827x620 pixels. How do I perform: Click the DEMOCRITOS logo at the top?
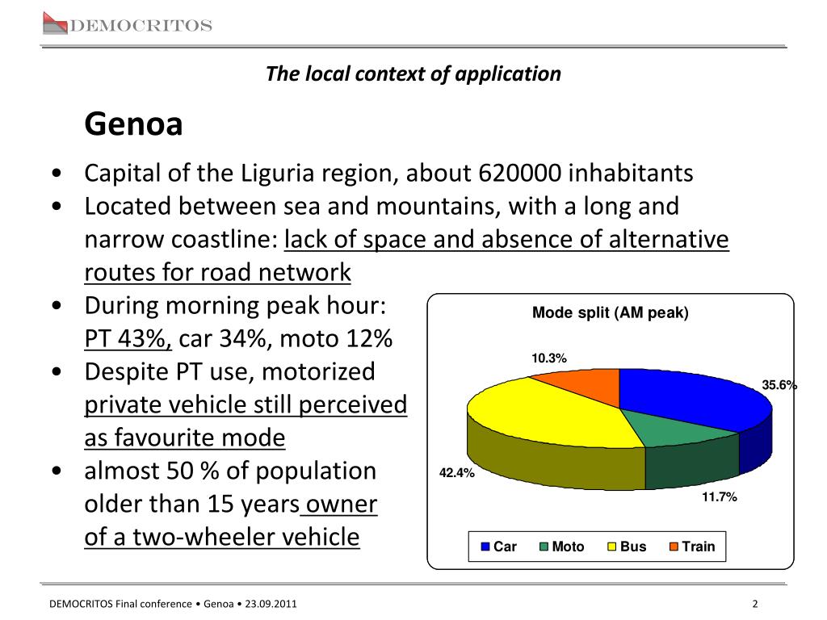coord(127,25)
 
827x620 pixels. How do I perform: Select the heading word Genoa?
coord(134,125)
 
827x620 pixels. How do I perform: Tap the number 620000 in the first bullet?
coord(521,174)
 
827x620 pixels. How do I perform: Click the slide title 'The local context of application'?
coord(413,74)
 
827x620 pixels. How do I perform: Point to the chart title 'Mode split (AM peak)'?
coord(610,313)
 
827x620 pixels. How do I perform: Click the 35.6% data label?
coord(779,386)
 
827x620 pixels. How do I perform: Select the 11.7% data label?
coord(719,497)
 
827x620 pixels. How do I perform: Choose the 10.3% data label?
coord(548,358)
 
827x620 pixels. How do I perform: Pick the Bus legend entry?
coord(626,547)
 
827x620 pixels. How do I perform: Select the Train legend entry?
coord(692,547)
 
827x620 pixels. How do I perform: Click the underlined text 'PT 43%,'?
coord(128,340)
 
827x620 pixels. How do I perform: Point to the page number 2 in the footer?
coord(754,604)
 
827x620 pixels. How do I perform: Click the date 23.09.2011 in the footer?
coord(273,604)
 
